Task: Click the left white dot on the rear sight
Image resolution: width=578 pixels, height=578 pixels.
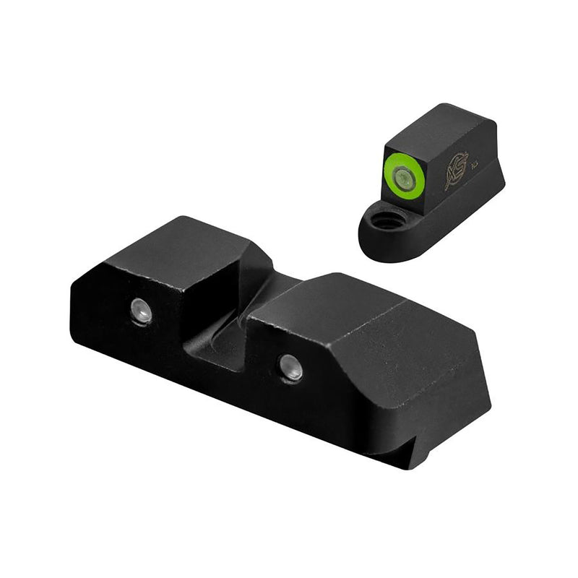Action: click(x=141, y=311)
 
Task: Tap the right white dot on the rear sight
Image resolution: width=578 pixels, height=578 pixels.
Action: click(x=291, y=364)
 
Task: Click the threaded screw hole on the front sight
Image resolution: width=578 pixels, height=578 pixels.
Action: click(x=387, y=221)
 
